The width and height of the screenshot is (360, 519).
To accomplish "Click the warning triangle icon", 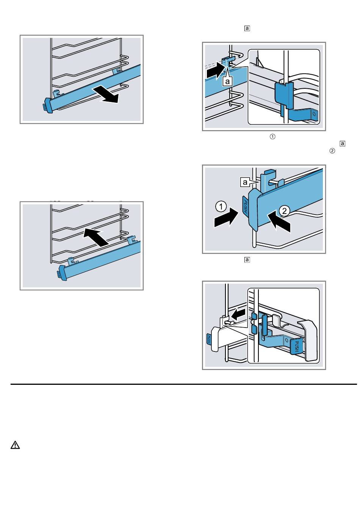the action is [15, 445].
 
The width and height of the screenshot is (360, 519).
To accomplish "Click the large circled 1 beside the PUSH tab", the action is [221, 206].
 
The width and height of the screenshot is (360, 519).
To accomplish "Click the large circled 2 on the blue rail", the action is [285, 211].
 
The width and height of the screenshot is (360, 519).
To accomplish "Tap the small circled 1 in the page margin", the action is [272, 136].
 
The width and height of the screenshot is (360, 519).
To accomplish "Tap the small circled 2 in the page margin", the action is [332, 151].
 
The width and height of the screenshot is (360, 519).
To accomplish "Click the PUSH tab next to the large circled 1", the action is [246, 204].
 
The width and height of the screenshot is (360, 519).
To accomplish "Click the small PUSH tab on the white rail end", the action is [209, 339].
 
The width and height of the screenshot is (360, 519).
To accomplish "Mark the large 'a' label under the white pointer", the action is [227, 82].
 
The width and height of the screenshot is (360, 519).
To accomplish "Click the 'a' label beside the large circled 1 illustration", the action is [245, 182].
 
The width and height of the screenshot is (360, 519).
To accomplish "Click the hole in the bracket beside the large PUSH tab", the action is [286, 340].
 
